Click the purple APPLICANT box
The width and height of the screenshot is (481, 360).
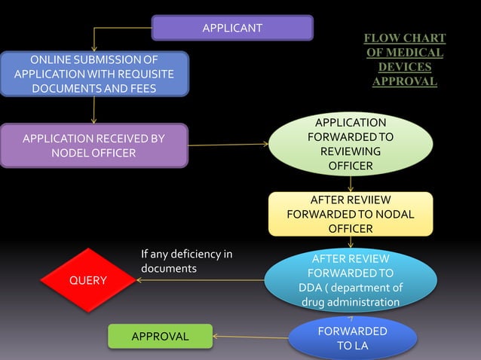click(232, 28)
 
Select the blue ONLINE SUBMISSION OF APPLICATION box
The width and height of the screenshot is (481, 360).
click(94, 75)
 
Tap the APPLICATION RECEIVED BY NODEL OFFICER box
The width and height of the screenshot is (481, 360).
click(93, 145)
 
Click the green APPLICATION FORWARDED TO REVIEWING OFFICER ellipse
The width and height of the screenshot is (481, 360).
click(351, 144)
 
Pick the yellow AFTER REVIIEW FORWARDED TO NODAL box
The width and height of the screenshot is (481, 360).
click(351, 214)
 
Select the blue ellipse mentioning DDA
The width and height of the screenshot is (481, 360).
click(351, 280)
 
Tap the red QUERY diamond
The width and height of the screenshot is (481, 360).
click(88, 280)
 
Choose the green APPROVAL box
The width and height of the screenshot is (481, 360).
click(160, 336)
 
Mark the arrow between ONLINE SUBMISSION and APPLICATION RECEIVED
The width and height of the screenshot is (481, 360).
click(94, 110)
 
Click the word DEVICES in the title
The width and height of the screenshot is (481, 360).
click(405, 67)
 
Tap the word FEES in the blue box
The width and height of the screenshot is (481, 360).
click(141, 88)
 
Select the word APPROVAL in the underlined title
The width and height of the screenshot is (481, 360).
click(405, 81)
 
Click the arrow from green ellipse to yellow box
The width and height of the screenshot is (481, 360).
click(351, 184)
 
